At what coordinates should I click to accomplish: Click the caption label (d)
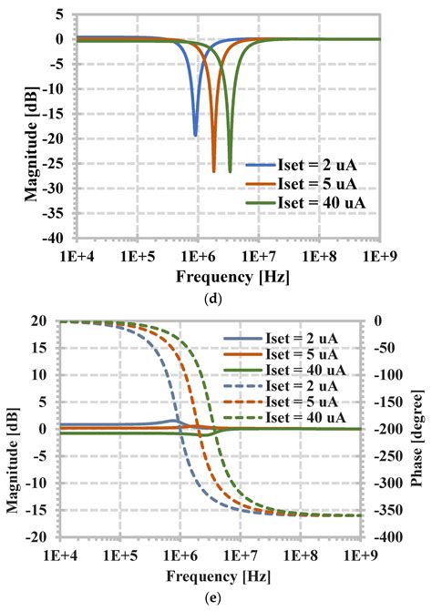(216, 294)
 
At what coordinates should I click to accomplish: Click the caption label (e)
(216, 599)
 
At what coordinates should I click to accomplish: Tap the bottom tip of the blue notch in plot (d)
(195, 135)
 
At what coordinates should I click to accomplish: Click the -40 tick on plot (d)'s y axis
(52, 238)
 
